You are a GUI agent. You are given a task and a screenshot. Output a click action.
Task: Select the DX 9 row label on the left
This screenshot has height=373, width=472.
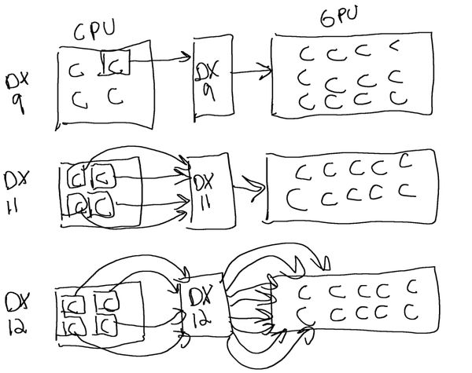click(x=18, y=91)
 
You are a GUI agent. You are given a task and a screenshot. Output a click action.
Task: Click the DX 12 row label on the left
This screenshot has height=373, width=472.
click(x=17, y=313)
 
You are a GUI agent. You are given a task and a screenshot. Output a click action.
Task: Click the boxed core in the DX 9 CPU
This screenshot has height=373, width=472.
click(x=115, y=64)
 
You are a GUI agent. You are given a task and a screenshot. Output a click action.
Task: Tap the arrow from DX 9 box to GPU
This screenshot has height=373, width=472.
click(x=247, y=75)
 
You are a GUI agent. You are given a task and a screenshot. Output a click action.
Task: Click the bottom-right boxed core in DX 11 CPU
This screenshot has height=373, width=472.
click(x=102, y=207)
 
